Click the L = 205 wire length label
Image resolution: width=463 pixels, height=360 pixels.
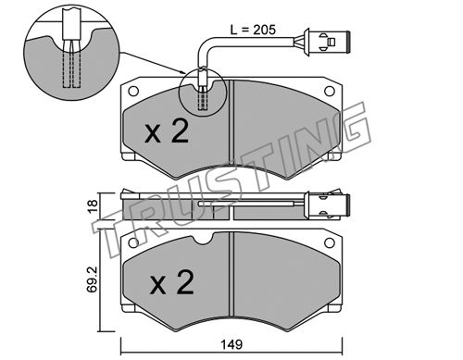pyautogui.click(x=253, y=30)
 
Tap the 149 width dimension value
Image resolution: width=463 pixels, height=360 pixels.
pyautogui.click(x=231, y=344)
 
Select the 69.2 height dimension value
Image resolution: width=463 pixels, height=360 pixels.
pyautogui.click(x=93, y=279)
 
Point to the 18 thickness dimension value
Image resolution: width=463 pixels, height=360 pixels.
pyautogui.click(x=93, y=205)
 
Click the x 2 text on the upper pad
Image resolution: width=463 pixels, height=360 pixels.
pyautogui.click(x=167, y=131)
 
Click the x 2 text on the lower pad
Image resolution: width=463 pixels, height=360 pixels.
pyautogui.click(x=172, y=282)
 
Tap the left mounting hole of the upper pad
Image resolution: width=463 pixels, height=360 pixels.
pyautogui.click(x=133, y=91)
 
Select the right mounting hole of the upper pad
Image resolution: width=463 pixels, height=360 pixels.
pyautogui.click(x=330, y=91)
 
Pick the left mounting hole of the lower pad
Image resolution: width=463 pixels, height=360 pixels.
pyautogui.click(x=133, y=242)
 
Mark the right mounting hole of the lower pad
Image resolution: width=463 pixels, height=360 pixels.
pyautogui.click(x=330, y=242)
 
